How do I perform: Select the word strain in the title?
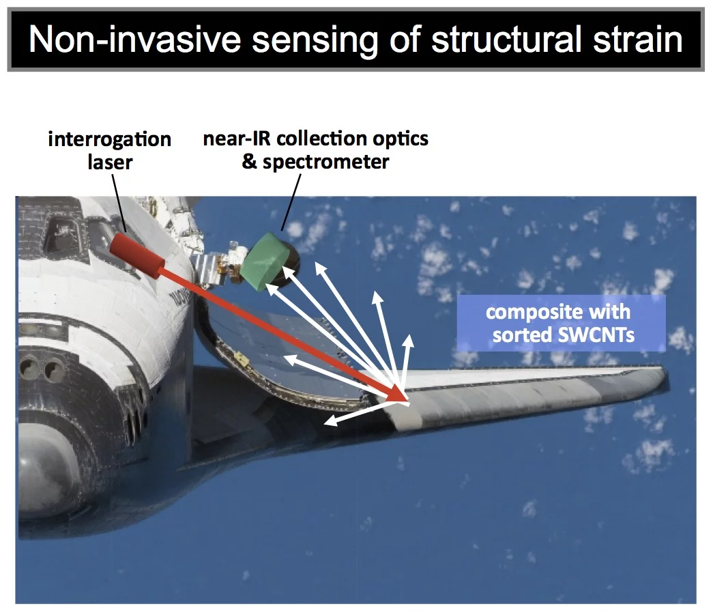click(x=634, y=40)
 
